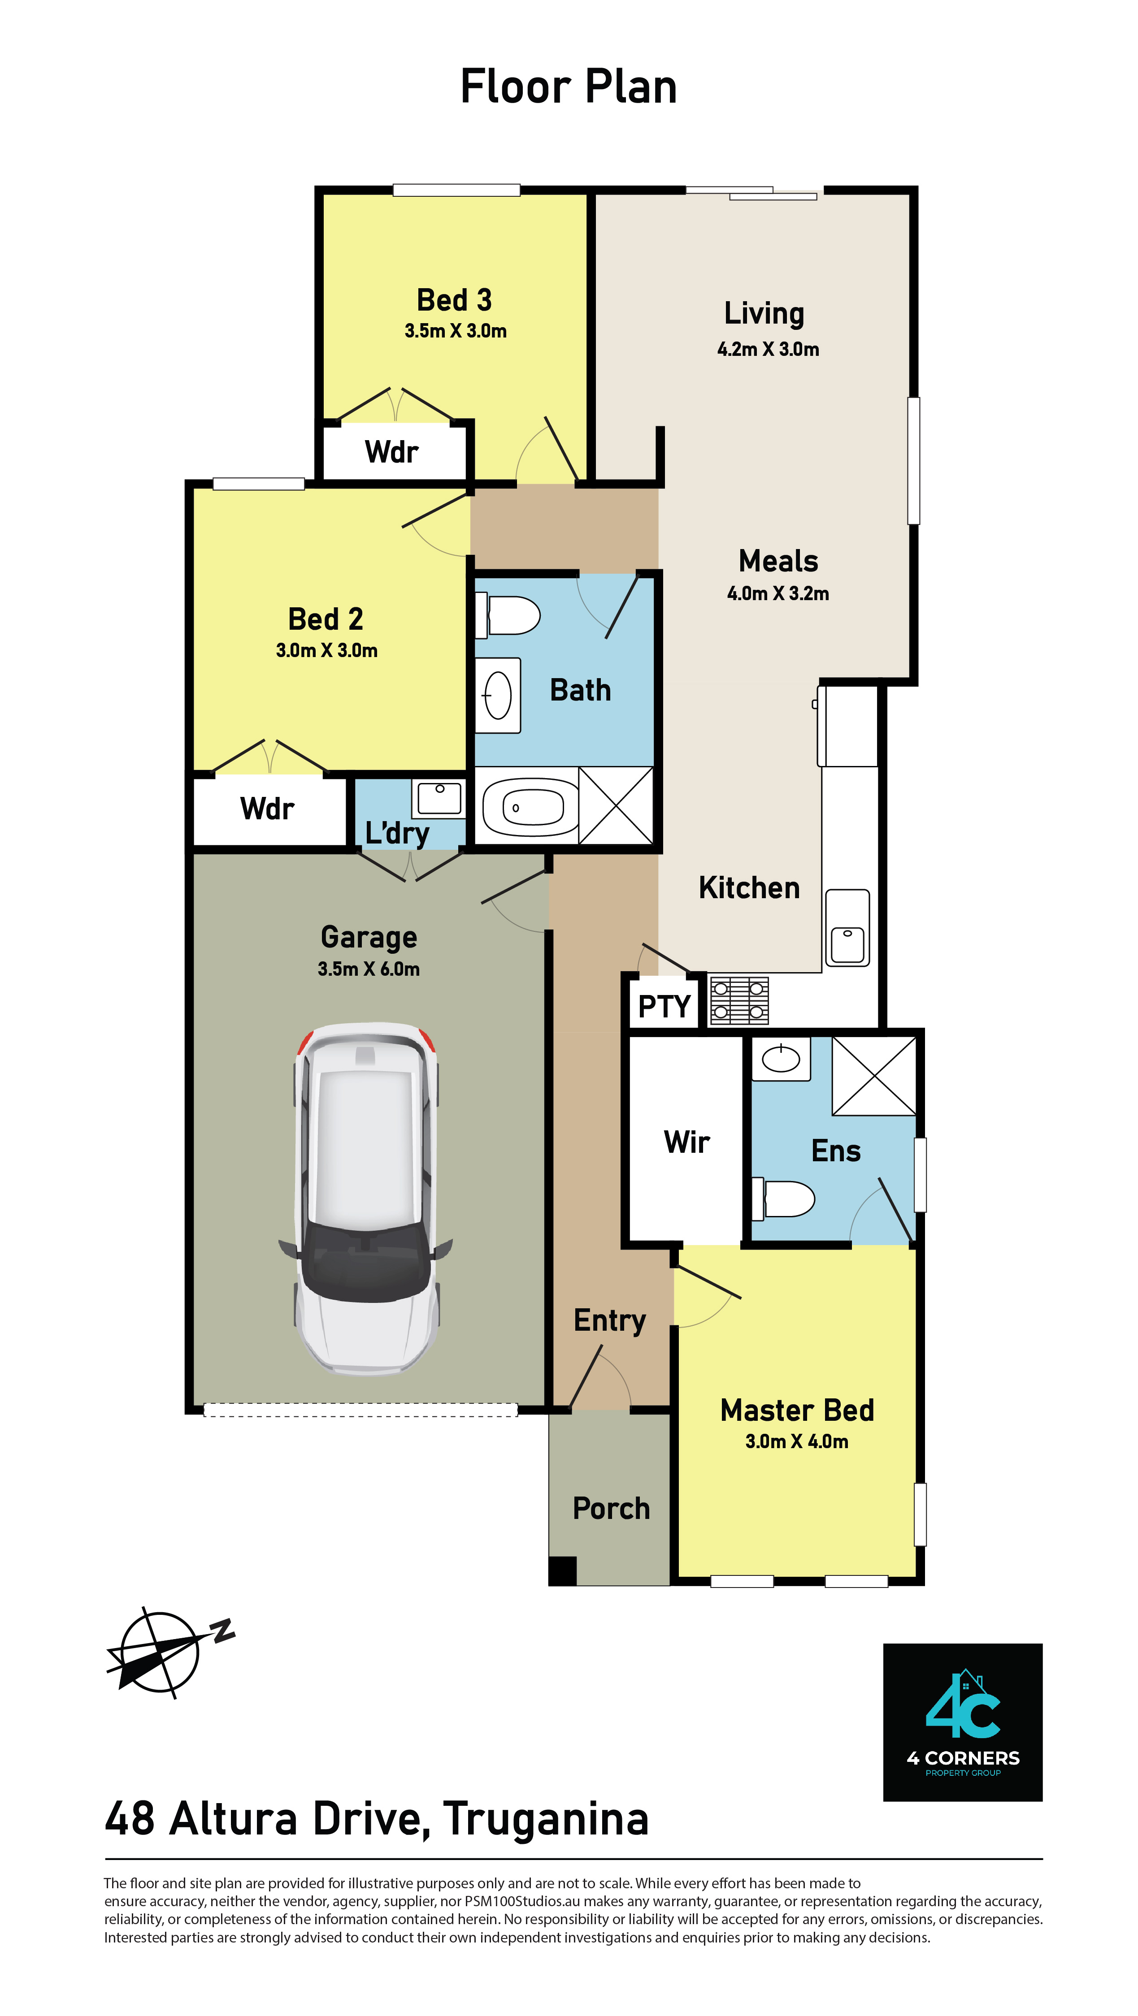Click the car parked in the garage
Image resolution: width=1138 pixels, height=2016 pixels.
pos(366,1198)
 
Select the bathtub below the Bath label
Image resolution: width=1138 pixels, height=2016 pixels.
pos(526,806)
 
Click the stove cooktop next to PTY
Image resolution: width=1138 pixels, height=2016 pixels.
pos(739,1000)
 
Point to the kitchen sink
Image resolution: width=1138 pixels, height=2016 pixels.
pos(847,928)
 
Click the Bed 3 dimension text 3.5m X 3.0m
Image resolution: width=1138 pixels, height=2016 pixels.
pos(456,331)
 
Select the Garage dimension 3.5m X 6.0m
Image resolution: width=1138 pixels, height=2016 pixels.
pos(369,969)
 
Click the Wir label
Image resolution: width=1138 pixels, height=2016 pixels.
pos(686,1142)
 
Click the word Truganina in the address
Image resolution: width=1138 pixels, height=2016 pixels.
pos(546,1820)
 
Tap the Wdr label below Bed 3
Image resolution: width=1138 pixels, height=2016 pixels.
pos(391,452)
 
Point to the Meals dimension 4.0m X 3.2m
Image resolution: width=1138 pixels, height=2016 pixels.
pos(778,593)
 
